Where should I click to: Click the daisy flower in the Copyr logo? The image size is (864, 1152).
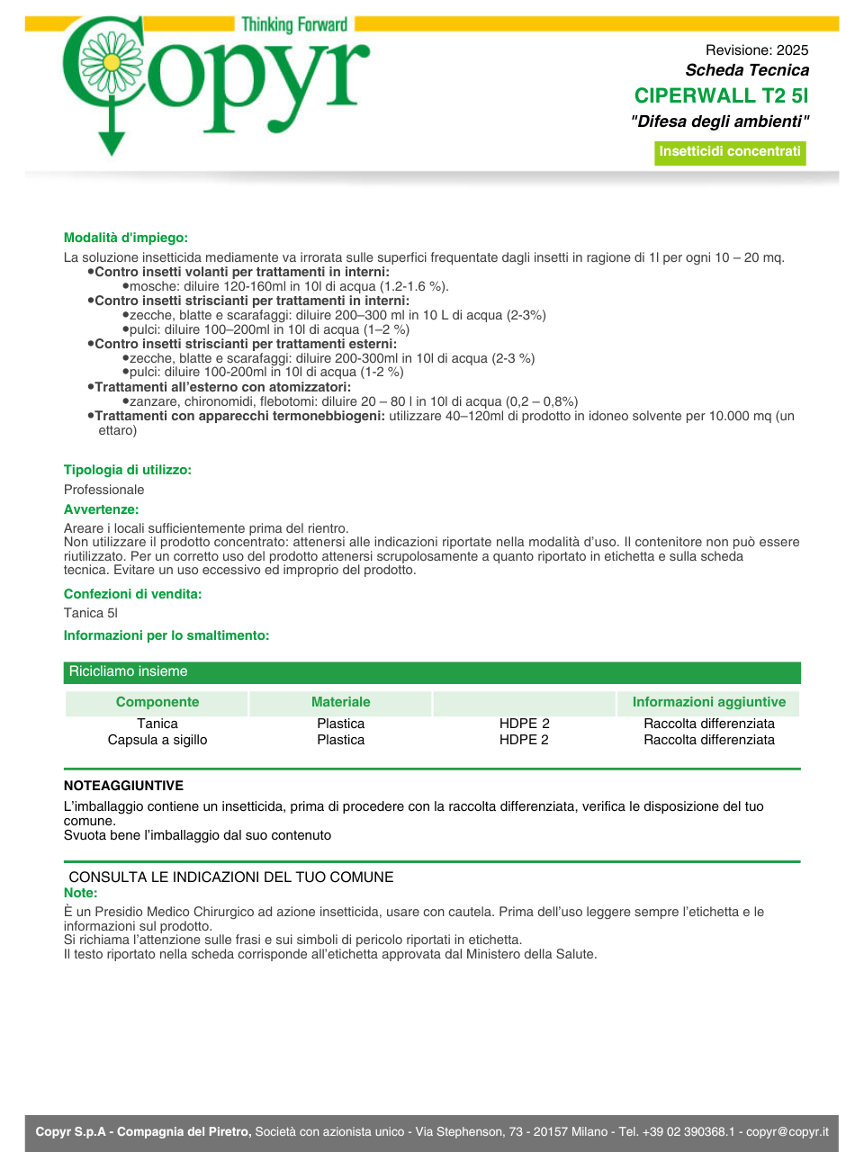tap(112, 62)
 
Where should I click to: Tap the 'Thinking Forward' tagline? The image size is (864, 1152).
tap(294, 24)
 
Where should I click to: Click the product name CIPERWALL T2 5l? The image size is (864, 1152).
tap(721, 95)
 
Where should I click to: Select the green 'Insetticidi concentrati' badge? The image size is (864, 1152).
tap(730, 152)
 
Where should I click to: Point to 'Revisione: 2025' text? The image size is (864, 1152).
tap(757, 50)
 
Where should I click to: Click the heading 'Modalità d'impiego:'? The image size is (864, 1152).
tap(126, 238)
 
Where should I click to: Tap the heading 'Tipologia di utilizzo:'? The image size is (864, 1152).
tap(128, 470)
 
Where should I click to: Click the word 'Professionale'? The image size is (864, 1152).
tap(103, 490)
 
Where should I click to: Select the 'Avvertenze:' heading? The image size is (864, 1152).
tap(101, 509)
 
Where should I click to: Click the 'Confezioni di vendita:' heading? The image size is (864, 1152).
tap(132, 594)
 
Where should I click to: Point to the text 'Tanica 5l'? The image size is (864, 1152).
tap(91, 613)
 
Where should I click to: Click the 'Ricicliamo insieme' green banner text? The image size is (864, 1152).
tap(129, 671)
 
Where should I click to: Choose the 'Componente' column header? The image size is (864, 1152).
tap(157, 702)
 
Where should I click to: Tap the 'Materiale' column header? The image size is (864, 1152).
tap(341, 702)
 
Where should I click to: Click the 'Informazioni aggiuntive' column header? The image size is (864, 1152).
tap(709, 702)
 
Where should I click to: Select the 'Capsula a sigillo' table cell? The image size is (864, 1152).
tap(157, 740)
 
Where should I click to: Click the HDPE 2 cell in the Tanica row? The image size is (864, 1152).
tap(525, 724)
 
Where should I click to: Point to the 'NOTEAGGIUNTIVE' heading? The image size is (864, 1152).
tap(123, 786)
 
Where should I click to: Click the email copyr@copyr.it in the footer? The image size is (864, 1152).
tap(787, 1131)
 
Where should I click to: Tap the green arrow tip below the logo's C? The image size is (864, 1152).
tap(112, 148)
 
